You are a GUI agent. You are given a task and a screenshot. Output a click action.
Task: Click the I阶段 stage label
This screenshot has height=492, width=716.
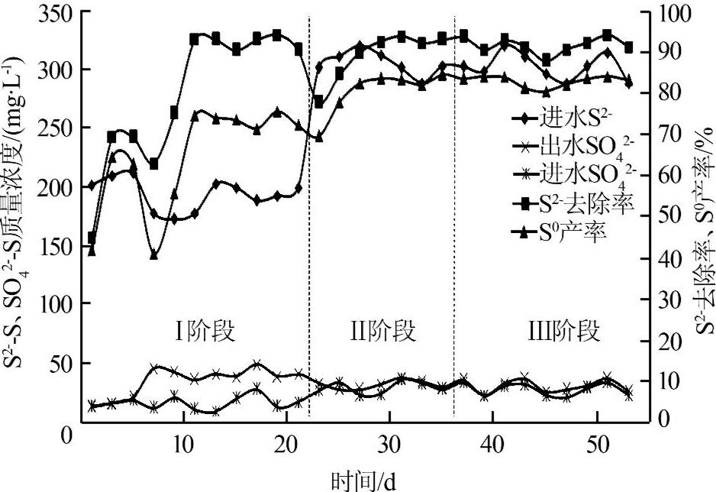[x=202, y=333]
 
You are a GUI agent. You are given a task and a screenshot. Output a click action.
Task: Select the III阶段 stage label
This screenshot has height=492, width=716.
[x=564, y=333]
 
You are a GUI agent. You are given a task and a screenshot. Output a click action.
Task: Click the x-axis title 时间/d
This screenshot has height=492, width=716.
[x=364, y=481]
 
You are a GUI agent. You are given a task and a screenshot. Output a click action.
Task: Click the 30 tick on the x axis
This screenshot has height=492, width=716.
[x=389, y=444]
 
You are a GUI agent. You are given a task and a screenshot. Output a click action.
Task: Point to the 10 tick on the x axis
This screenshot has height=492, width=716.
[x=182, y=444]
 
